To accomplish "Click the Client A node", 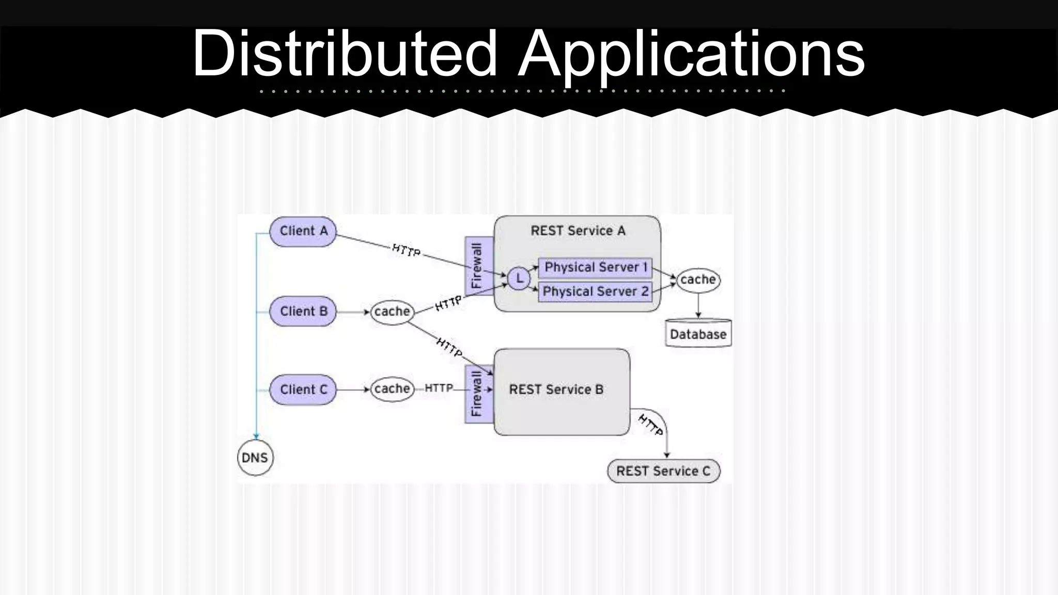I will [303, 231].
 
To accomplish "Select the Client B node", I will [303, 311].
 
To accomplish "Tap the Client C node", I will [303, 389].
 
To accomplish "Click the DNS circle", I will [255, 458].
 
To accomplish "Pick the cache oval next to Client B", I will [392, 311].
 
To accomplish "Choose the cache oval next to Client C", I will [392, 388].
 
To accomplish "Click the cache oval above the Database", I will [698, 280].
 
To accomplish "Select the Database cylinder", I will [698, 334].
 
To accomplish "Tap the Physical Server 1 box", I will [595, 267].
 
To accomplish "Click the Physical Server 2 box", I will [595, 292].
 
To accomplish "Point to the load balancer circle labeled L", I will [519, 279].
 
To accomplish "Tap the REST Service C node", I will [663, 471].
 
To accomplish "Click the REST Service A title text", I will [578, 231].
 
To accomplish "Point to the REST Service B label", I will [556, 389].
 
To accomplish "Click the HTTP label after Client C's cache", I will [439, 388].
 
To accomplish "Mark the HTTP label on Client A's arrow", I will [406, 250].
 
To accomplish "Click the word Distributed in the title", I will [345, 53].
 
